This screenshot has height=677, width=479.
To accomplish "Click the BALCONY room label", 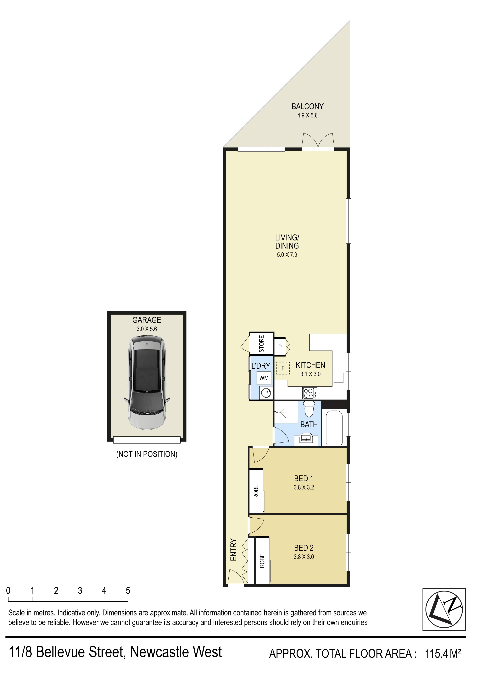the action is pyautogui.click(x=307, y=107).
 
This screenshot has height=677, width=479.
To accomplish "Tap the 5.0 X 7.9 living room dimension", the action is pyautogui.click(x=287, y=255).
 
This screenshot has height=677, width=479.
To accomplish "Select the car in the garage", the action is pyautogui.click(x=147, y=383).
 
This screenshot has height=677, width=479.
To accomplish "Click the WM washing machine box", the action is pyautogui.click(x=264, y=378).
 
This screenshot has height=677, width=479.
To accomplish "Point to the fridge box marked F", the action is pyautogui.click(x=283, y=368).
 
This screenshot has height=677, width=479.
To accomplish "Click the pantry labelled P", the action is pyautogui.click(x=280, y=347).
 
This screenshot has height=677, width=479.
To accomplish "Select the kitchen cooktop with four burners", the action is pyautogui.click(x=310, y=393).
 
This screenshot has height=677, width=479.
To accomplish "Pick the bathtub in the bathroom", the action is pyautogui.click(x=334, y=428).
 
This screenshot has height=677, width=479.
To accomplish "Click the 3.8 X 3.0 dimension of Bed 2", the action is pyautogui.click(x=304, y=557).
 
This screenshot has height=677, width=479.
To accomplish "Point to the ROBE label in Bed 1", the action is pyautogui.click(x=256, y=492).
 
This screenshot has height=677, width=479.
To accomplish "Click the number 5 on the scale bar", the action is pyautogui.click(x=128, y=591).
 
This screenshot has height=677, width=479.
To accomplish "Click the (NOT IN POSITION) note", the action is pyautogui.click(x=147, y=454).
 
